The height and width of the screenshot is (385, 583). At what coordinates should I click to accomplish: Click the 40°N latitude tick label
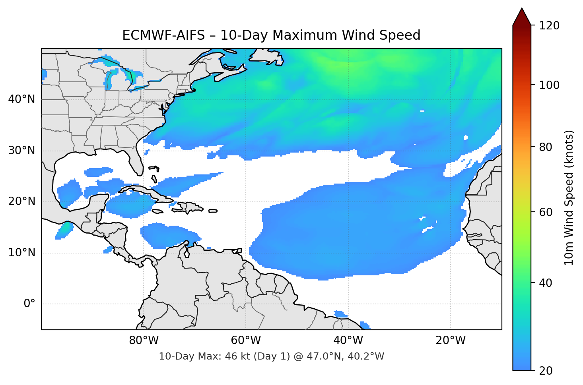(x=21, y=99)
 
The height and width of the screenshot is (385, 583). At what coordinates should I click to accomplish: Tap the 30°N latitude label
(x=21, y=151)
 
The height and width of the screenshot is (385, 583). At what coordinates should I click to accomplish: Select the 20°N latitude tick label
(x=21, y=201)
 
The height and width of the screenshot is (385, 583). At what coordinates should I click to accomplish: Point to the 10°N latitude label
(x=21, y=253)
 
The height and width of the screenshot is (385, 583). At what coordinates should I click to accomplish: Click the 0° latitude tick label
(x=29, y=304)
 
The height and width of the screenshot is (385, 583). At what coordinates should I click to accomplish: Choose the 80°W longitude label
(x=144, y=341)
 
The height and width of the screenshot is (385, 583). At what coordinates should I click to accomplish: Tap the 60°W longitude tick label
(x=246, y=341)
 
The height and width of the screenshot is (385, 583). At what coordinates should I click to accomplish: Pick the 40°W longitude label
(x=348, y=341)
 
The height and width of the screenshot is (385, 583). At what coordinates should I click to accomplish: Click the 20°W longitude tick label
(x=451, y=341)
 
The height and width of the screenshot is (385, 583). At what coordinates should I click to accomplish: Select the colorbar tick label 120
(x=549, y=26)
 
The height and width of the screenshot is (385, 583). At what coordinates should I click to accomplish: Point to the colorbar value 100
(x=549, y=85)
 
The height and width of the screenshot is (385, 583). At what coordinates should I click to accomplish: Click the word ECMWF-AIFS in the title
(x=163, y=35)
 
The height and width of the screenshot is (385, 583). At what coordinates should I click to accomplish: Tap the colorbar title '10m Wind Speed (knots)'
(x=569, y=197)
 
